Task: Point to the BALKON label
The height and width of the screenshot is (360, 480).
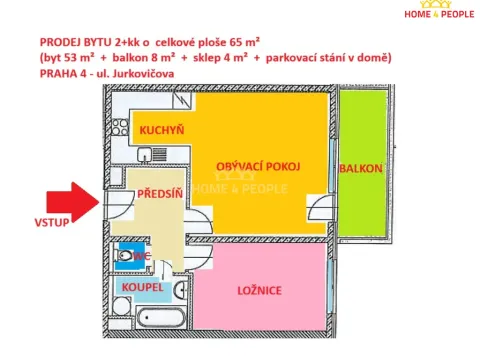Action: (x=359, y=169)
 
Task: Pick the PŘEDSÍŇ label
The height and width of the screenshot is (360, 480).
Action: (x=160, y=194)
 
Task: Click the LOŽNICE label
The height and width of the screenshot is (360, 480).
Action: (x=258, y=292)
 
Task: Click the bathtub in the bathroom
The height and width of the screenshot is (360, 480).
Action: (x=150, y=324)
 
